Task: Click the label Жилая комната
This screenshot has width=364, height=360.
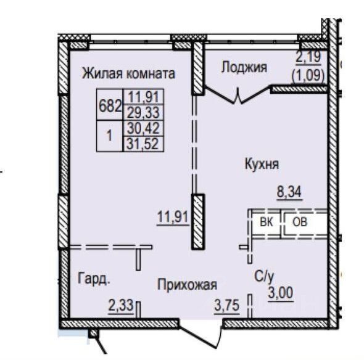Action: pos(128,73)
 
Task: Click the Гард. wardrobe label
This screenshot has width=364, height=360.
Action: pos(94,279)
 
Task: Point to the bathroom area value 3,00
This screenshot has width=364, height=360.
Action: pos(279,293)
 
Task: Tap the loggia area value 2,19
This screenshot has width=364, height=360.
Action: pos(310,60)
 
